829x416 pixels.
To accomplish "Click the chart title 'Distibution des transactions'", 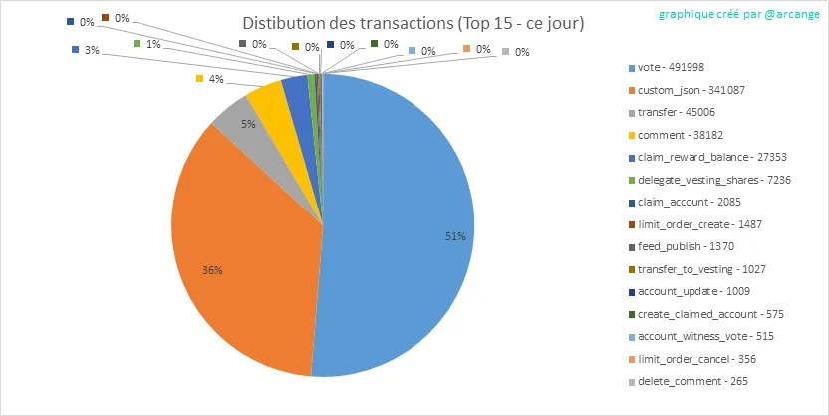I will point(414,23).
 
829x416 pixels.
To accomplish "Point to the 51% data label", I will point(455,236).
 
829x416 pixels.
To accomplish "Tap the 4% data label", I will point(214,78).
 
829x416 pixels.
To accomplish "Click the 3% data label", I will point(91,49).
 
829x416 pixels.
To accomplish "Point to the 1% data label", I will point(153,44).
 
